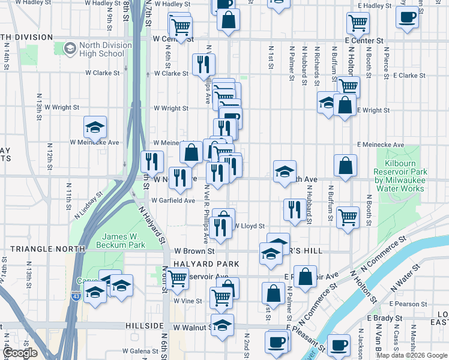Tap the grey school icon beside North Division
pyautogui.click(x=70, y=47)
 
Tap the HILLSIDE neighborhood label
pyautogui.click(x=145, y=325)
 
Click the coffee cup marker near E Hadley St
pyautogui.click(x=408, y=17)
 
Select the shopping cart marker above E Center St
pyautogui.click(x=358, y=23)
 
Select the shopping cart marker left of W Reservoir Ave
pyautogui.click(x=177, y=278)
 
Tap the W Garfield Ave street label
pyautogui.click(x=173, y=200)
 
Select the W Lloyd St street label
pyautogui.click(x=248, y=226)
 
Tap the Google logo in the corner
pyautogui.click(x=21, y=353)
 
